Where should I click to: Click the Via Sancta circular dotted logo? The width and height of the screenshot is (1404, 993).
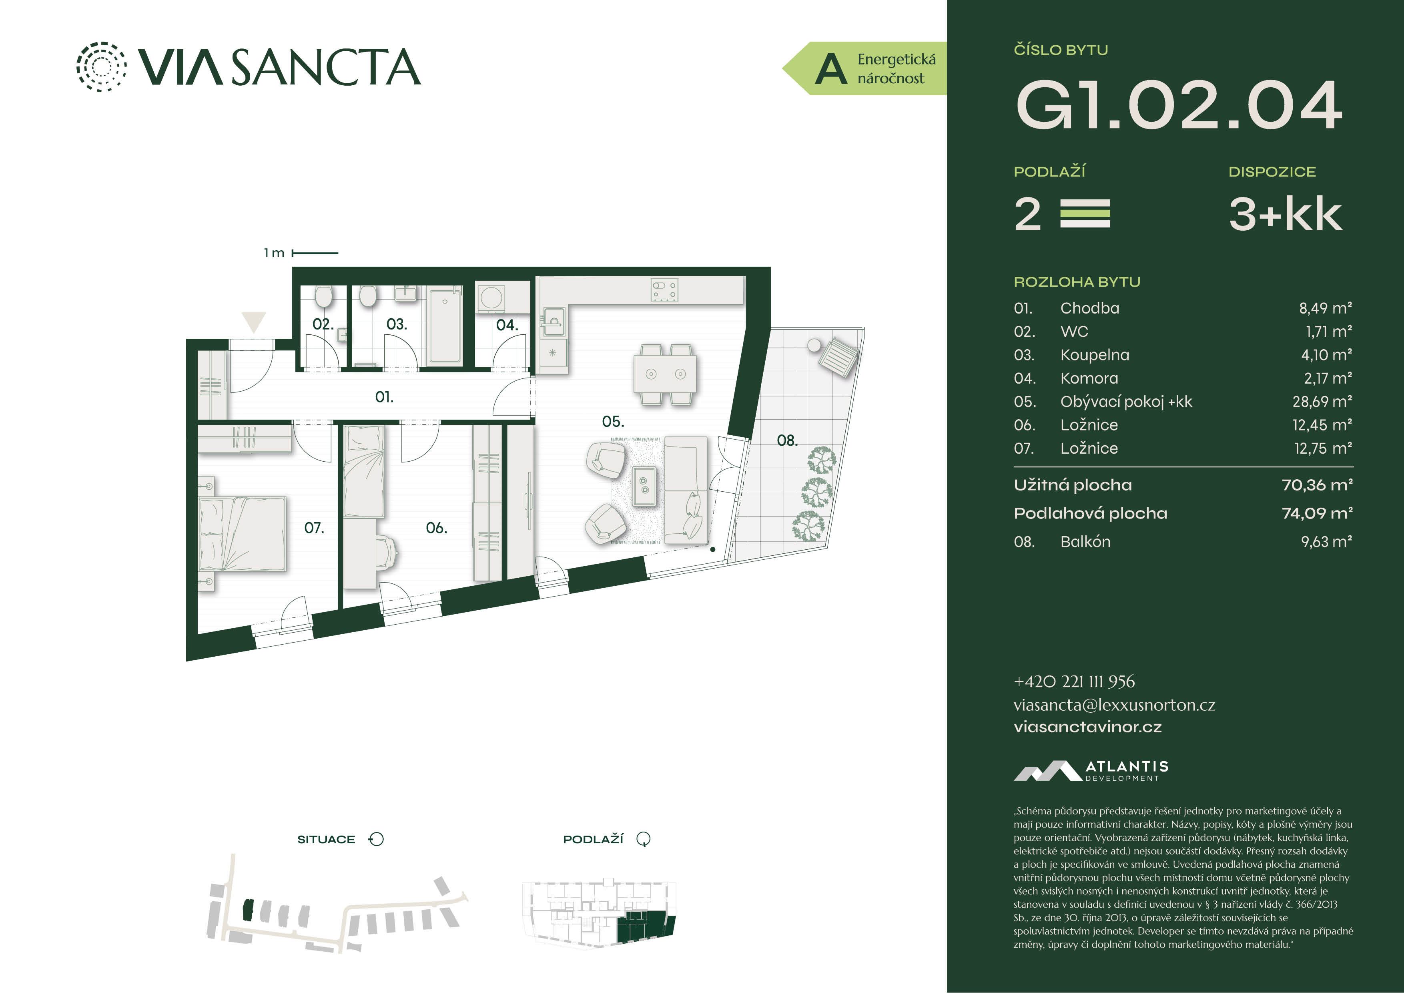click(x=102, y=67)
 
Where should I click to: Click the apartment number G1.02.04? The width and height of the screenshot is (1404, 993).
click(x=1178, y=105)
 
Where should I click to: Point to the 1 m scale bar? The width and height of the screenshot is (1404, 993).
click(x=315, y=253)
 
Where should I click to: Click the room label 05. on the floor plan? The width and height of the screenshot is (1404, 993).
click(x=613, y=422)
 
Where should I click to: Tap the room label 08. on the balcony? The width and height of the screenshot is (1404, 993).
click(x=787, y=440)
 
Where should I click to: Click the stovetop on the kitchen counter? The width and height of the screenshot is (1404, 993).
click(x=665, y=290)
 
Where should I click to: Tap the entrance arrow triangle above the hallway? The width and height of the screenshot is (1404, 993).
click(x=253, y=322)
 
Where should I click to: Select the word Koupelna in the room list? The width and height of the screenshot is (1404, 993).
click(x=1095, y=355)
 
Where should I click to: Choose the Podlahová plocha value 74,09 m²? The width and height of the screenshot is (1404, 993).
click(x=1317, y=513)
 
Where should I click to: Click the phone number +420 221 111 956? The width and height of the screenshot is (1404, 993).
click(x=1074, y=681)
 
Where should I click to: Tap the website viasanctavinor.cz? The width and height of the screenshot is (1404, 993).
click(x=1087, y=727)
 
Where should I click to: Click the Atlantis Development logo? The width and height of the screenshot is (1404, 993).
click(x=1091, y=771)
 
